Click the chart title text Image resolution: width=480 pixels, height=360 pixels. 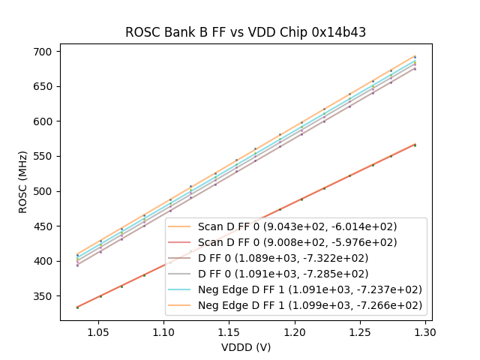tap(245, 32)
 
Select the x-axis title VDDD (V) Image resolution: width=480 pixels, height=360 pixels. tap(246, 347)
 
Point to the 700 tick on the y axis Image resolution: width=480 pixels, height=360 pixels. tap(42, 52)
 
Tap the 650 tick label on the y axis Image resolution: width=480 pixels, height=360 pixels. tap(42, 86)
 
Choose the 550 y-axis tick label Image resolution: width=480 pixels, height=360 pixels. tap(42, 156)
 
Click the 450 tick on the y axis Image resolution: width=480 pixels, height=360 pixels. tap(42, 226)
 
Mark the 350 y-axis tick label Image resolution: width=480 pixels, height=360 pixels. tap(42, 296)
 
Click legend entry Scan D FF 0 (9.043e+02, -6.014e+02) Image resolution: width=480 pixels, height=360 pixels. tap(297, 226)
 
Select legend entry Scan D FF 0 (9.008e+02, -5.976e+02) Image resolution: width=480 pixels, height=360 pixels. tap(297, 242)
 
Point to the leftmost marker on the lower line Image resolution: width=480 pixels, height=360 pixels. tap(77, 307)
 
